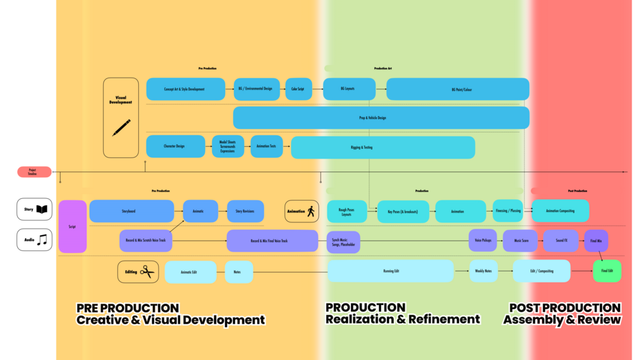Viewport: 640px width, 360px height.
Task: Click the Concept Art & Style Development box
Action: coord(185,89)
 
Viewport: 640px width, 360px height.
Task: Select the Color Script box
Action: coord(298,89)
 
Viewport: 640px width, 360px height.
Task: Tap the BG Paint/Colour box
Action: coord(457,89)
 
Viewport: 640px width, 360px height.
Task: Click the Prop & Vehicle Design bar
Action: coord(381,118)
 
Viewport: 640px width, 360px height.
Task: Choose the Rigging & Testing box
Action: coord(383,147)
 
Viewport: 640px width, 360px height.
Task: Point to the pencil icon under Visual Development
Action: coord(122,127)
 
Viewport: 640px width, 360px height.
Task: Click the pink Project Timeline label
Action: coord(34,172)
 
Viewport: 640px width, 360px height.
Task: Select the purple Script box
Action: coord(72,227)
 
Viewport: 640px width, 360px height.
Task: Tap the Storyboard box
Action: coord(131,211)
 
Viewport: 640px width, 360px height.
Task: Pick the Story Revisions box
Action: coord(245,212)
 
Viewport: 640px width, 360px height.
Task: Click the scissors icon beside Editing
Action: coord(148,272)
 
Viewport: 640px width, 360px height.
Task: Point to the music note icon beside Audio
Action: coord(42,240)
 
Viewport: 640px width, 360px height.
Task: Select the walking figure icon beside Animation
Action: coord(311,212)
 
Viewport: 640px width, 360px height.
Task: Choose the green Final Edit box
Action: coord(607,271)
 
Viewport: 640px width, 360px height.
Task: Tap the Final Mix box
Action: coord(596,241)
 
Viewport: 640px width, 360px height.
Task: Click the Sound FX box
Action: coord(560,241)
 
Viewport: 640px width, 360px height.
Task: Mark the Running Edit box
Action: coord(390,271)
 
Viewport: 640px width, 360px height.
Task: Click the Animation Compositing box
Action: coord(560,211)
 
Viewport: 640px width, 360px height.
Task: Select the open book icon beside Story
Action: coord(42,209)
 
